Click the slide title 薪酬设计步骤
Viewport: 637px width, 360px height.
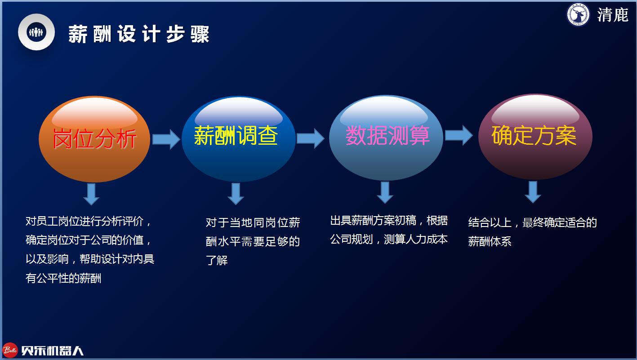[x=139, y=34]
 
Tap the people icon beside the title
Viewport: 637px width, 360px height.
[x=36, y=32]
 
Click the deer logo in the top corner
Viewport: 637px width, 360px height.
[x=578, y=14]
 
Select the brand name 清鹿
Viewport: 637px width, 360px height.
[x=613, y=15]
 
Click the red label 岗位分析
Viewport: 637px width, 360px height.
[x=94, y=138]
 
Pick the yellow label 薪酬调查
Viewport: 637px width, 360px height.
[x=236, y=135]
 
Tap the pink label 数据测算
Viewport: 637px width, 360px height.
[x=388, y=136]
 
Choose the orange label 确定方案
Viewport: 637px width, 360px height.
[x=534, y=136]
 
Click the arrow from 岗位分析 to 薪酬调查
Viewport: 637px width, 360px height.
[x=166, y=139]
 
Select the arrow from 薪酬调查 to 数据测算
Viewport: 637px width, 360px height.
[x=310, y=138]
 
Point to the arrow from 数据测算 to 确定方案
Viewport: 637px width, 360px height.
[x=459, y=135]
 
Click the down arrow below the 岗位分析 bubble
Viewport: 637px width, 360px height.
[x=91, y=194]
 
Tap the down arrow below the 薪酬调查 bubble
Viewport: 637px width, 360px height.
[x=236, y=194]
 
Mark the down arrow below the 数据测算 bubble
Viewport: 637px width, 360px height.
[x=385, y=192]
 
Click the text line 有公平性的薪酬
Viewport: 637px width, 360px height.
[x=63, y=278]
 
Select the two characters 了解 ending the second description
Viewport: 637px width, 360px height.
[x=217, y=260]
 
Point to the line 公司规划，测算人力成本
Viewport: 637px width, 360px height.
[x=389, y=239]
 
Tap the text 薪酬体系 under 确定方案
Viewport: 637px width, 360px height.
[x=490, y=241]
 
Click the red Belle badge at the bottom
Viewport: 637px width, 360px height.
[x=10, y=350]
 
